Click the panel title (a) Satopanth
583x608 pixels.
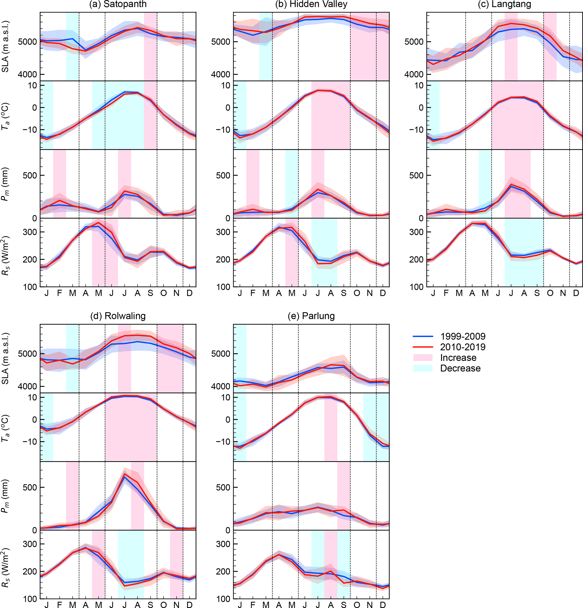118,4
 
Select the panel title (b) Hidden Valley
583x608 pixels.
311,4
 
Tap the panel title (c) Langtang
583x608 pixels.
504,4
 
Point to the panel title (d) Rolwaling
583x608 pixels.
118,316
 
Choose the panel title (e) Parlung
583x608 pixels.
311,316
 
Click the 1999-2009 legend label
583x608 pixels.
463,336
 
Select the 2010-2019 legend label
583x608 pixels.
463,347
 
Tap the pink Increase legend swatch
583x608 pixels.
423,358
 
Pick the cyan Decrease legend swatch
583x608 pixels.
423,368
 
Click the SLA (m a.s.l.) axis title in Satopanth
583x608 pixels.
5,47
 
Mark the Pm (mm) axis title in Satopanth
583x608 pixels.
5,184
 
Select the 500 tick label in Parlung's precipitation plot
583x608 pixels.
223,487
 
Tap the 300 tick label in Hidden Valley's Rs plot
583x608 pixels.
223,232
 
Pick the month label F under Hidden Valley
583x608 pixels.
253,293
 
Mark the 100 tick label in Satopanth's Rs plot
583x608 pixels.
30,287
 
